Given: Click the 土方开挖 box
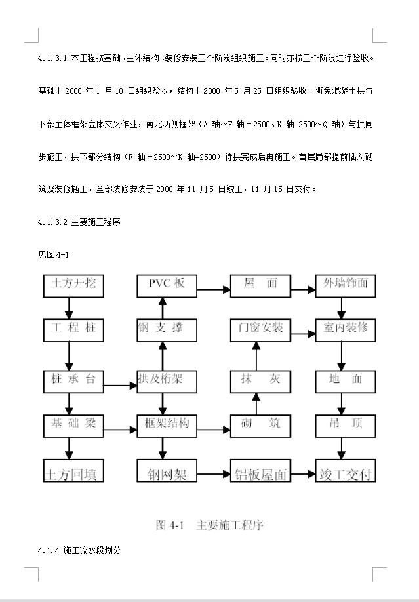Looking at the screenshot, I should (x=73, y=285).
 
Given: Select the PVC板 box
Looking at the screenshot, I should (x=167, y=285).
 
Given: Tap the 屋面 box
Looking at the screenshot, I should (x=260, y=285).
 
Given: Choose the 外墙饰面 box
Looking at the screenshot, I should (x=346, y=285).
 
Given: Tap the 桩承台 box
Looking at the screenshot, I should (x=73, y=380).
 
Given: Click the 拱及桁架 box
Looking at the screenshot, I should (x=167, y=380).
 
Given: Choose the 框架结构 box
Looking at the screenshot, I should (x=167, y=424).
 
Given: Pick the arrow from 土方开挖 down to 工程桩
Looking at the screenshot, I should (x=68, y=306).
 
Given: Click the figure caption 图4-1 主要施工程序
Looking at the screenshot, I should (x=209, y=525).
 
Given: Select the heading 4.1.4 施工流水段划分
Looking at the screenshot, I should (x=79, y=551).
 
